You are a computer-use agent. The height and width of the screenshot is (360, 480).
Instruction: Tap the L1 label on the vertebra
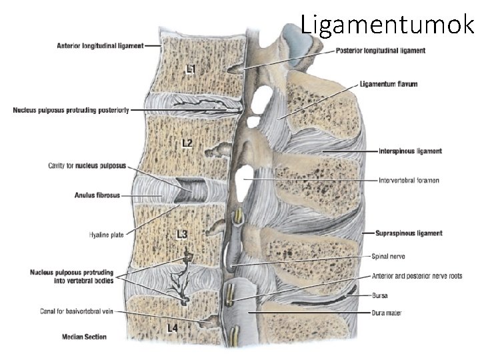tap(191, 69)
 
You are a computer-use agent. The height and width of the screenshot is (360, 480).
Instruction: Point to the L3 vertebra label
tap(182, 234)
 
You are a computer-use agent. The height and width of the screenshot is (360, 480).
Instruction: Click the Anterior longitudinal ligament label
tap(101, 45)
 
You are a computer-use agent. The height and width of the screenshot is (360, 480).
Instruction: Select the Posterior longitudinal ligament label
tap(381, 50)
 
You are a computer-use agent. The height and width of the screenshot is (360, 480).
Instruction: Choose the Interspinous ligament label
tap(409, 151)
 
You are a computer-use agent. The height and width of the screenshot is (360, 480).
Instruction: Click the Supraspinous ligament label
tap(410, 233)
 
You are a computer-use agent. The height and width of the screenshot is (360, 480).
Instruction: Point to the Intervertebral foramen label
tap(408, 181)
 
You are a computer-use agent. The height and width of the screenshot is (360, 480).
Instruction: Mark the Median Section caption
tap(83, 337)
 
